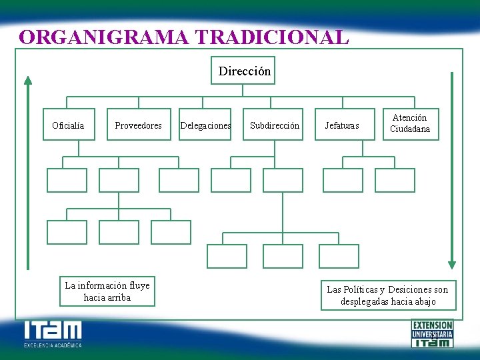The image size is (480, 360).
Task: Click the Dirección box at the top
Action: (x=245, y=71)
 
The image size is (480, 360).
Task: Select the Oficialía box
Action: (x=68, y=125)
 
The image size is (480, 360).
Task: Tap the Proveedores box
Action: (x=138, y=125)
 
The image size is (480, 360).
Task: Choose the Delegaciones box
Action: (x=206, y=125)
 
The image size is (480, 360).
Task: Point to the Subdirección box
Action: (x=275, y=125)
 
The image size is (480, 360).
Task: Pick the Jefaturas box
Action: (x=341, y=125)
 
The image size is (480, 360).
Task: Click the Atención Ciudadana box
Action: (x=410, y=124)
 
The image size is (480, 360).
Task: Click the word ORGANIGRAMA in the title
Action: (x=98, y=37)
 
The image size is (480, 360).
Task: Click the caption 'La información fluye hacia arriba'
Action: (x=107, y=291)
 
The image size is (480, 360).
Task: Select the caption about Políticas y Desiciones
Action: (x=387, y=295)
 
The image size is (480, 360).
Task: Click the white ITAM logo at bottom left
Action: (x=53, y=331)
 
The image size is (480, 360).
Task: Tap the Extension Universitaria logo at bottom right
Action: (x=432, y=333)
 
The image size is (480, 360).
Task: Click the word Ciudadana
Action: (x=410, y=129)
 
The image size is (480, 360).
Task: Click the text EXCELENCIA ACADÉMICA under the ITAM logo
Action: (x=53, y=345)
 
